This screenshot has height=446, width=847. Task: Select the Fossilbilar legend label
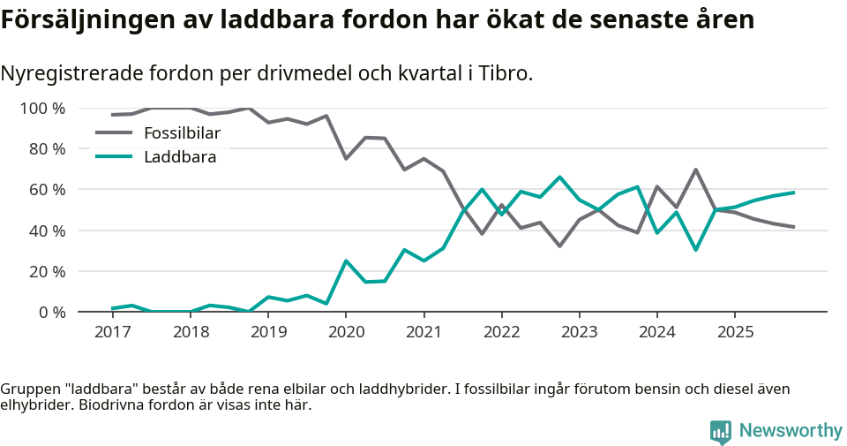[x=182, y=133]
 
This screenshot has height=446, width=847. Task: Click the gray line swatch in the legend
[x=114, y=133]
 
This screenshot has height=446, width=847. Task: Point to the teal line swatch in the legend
[x=114, y=157]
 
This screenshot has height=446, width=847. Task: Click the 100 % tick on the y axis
[x=43, y=109]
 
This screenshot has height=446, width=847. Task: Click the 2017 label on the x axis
[x=113, y=332]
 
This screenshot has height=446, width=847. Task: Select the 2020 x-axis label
[x=346, y=332]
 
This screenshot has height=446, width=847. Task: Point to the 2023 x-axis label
[x=579, y=332]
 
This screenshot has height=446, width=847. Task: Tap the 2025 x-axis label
[x=735, y=332]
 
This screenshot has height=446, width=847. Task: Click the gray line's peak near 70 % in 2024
[x=696, y=170]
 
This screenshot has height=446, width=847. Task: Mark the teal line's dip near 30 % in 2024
[x=696, y=250]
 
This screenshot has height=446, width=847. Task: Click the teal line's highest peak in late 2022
[x=559, y=178]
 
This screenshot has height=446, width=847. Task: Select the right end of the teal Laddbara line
[x=794, y=193]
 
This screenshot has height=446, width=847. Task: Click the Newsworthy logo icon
[x=721, y=431]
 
